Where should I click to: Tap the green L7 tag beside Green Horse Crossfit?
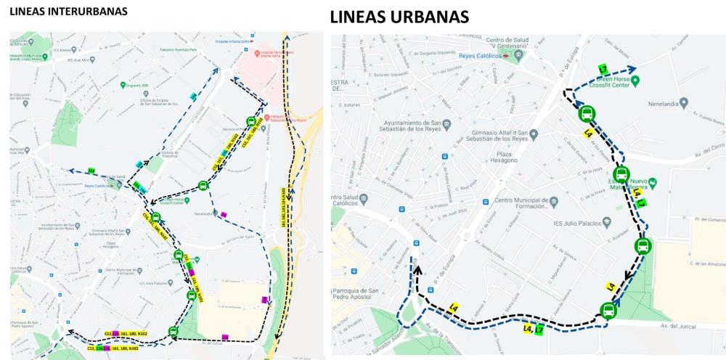(x=603, y=70)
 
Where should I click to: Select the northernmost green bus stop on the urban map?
(x=587, y=114)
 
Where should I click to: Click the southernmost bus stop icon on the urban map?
(x=608, y=311)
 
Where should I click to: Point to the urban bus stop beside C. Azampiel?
(x=643, y=245)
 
